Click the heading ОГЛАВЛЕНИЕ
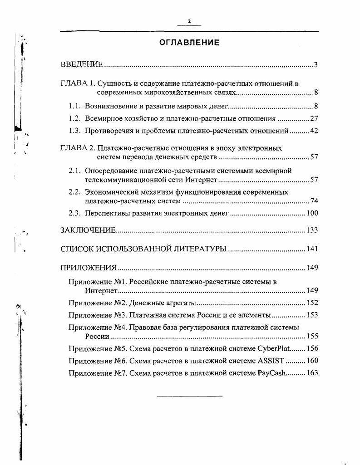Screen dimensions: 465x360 pyautogui.click(x=189, y=43)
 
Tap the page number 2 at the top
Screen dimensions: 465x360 pyautogui.click(x=189, y=21)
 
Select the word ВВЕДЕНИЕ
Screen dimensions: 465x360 pyautogui.click(x=82, y=65)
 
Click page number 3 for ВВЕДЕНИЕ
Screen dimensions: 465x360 pyautogui.click(x=316, y=65)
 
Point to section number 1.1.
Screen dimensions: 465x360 pyautogui.click(x=74, y=107)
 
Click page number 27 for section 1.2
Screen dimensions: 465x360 pyautogui.click(x=314, y=119)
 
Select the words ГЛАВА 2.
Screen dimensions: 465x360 pyautogui.click(x=78, y=148)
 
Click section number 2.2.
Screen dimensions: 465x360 pyautogui.click(x=74, y=192)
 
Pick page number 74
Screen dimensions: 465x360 pyautogui.click(x=314, y=201)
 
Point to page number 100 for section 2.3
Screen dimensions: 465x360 pyautogui.click(x=312, y=213)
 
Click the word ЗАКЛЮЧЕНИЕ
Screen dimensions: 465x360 pyautogui.click(x=88, y=230)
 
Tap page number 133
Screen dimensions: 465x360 pyautogui.click(x=312, y=230)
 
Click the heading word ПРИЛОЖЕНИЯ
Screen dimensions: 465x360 pyautogui.click(x=89, y=268)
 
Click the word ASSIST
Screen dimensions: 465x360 pyautogui.click(x=271, y=361)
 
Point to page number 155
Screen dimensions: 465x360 pyautogui.click(x=312, y=337)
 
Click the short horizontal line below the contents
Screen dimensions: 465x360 pyautogui.click(x=189, y=396)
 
